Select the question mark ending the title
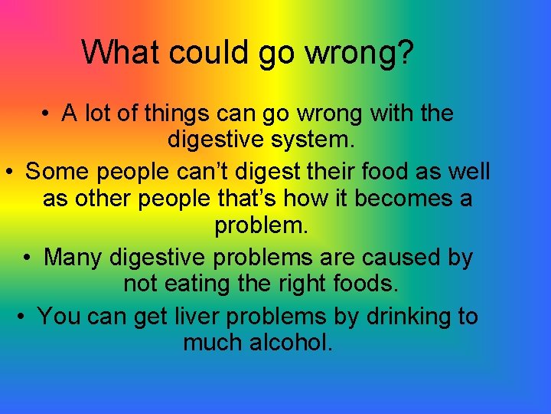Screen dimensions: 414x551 (405, 52)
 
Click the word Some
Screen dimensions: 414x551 (57, 170)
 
